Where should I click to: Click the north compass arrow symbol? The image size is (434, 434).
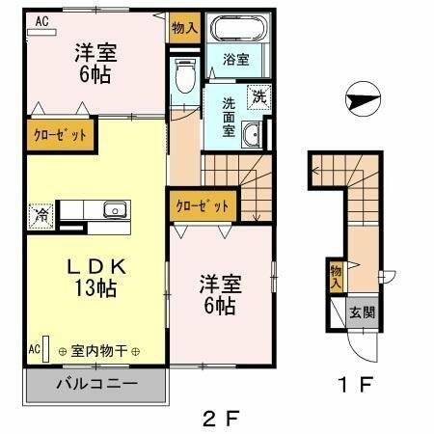(360, 97)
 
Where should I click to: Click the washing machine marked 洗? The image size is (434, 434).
(258, 95)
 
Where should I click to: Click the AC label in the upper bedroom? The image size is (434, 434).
(43, 19)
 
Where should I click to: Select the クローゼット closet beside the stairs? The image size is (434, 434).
(203, 204)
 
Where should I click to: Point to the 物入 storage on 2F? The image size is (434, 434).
(184, 28)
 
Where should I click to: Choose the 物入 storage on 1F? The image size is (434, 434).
(335, 278)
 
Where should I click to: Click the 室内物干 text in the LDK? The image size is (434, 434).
(99, 351)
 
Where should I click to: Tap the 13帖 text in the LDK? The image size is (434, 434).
(95, 288)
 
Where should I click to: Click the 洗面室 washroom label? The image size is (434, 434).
(230, 116)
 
